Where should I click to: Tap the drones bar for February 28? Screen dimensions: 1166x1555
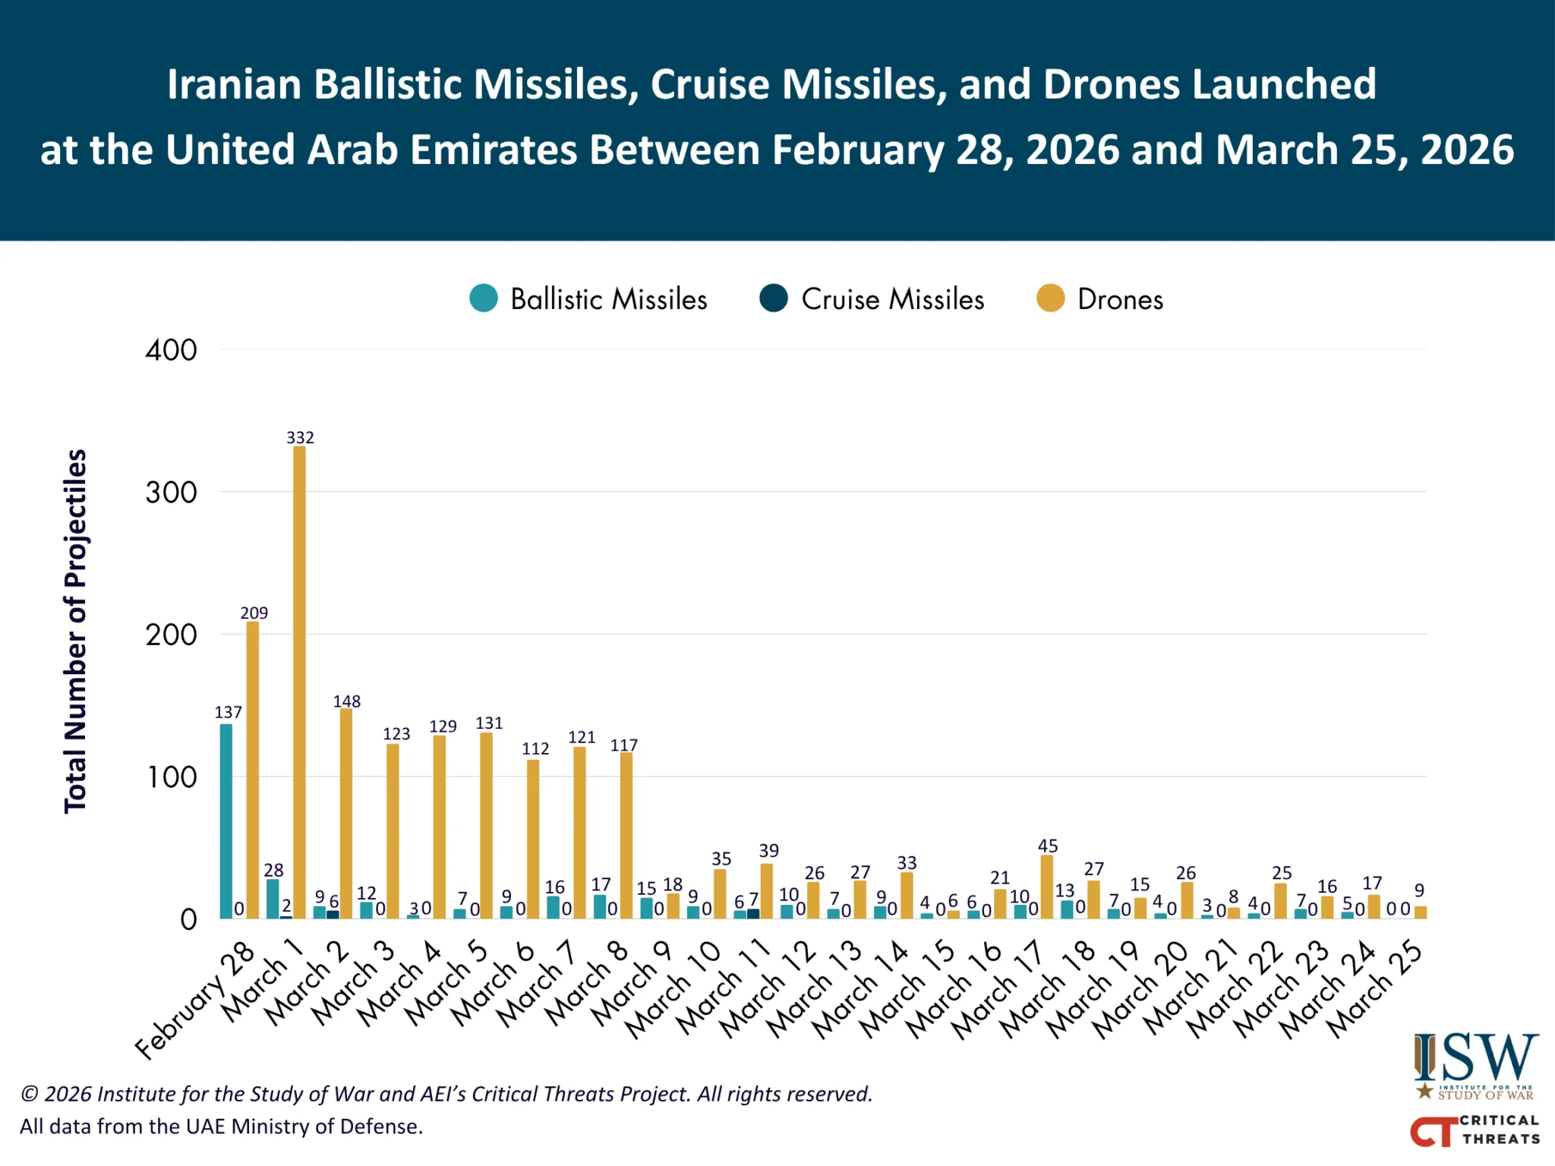tap(252, 770)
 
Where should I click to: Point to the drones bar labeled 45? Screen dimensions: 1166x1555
tap(1047, 887)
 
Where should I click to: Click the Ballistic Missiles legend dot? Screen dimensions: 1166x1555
tap(484, 298)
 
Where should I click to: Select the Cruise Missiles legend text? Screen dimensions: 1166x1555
tap(893, 299)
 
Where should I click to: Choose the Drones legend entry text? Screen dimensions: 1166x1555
tap(1120, 299)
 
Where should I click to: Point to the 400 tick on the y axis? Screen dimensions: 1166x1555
tap(172, 350)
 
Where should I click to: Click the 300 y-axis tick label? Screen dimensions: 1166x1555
tap(172, 493)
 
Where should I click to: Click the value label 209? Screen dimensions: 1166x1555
tap(254, 613)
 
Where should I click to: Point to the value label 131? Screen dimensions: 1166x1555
tap(489, 723)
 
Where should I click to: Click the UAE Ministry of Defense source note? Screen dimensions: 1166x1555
tap(221, 1126)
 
